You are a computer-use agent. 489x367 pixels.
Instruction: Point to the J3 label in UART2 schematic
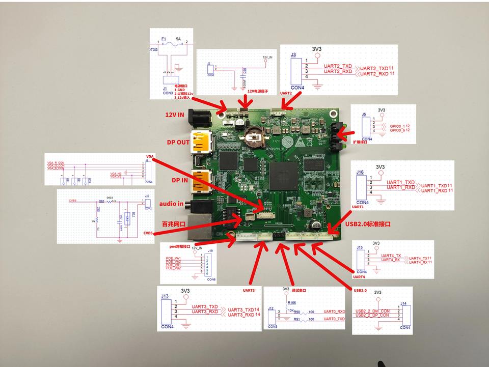pos(293,54)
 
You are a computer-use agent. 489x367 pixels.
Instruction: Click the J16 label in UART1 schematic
pos(360,173)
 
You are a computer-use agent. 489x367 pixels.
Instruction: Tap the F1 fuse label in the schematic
pos(164,38)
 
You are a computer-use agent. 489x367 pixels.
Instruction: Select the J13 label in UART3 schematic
pos(165,296)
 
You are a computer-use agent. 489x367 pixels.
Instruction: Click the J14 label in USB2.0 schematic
pos(403,303)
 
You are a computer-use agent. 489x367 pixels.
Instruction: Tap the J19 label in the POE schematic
pos(210,250)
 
